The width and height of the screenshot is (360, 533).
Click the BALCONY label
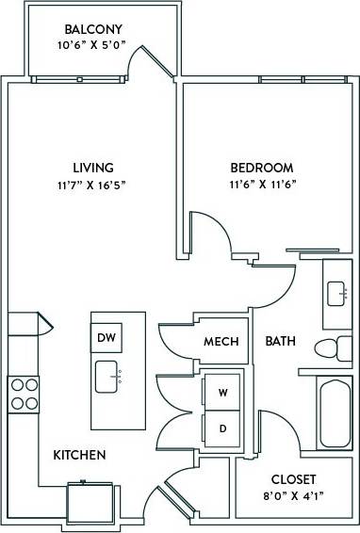pyautogui.click(x=91, y=28)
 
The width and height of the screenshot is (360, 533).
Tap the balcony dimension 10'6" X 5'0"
pyautogui.click(x=91, y=45)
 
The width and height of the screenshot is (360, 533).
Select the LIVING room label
pyautogui.click(x=90, y=168)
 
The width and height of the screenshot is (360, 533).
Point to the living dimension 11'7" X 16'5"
pyautogui.click(x=90, y=185)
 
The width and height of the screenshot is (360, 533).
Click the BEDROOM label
pyautogui.click(x=261, y=168)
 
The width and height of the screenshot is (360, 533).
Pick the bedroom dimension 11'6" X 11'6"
pyautogui.click(x=261, y=185)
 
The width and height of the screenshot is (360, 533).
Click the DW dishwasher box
pyautogui.click(x=105, y=335)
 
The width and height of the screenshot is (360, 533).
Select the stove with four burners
pyautogui.click(x=24, y=393)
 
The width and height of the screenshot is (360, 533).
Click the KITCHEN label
pyautogui.click(x=79, y=455)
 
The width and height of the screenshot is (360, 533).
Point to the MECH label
pyautogui.click(x=221, y=341)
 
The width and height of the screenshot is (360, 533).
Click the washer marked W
pyautogui.click(x=222, y=391)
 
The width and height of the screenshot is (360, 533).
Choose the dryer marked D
pyautogui.click(x=222, y=428)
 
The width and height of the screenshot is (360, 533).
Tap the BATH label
pyautogui.click(x=280, y=341)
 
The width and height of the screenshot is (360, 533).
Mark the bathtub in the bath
pyautogui.click(x=334, y=412)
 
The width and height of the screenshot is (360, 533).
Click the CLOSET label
pyautogui.click(x=293, y=479)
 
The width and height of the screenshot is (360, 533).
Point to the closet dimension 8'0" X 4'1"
pyautogui.click(x=293, y=496)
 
